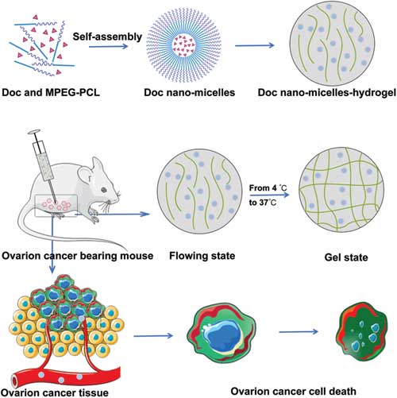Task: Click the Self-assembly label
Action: pos(107,37)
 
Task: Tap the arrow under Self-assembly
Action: pos(108,46)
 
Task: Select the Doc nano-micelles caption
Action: pos(190,92)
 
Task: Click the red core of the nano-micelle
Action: pos(184,45)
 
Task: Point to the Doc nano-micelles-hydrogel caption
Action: pos(327,93)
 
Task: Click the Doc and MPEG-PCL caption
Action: pos(51,92)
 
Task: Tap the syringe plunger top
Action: pos(34,131)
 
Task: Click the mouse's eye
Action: pos(104,190)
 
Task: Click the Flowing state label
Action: pos(202,256)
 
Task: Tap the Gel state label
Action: pos(346,257)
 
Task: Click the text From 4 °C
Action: pos(268,188)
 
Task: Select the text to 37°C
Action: pos(263,203)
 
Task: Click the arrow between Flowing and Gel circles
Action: pos(269,195)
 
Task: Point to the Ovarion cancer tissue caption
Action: pos(55,392)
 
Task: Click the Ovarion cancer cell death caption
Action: pos(293,391)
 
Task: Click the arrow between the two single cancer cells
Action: pos(299,331)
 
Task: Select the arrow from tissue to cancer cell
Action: pos(153,336)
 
